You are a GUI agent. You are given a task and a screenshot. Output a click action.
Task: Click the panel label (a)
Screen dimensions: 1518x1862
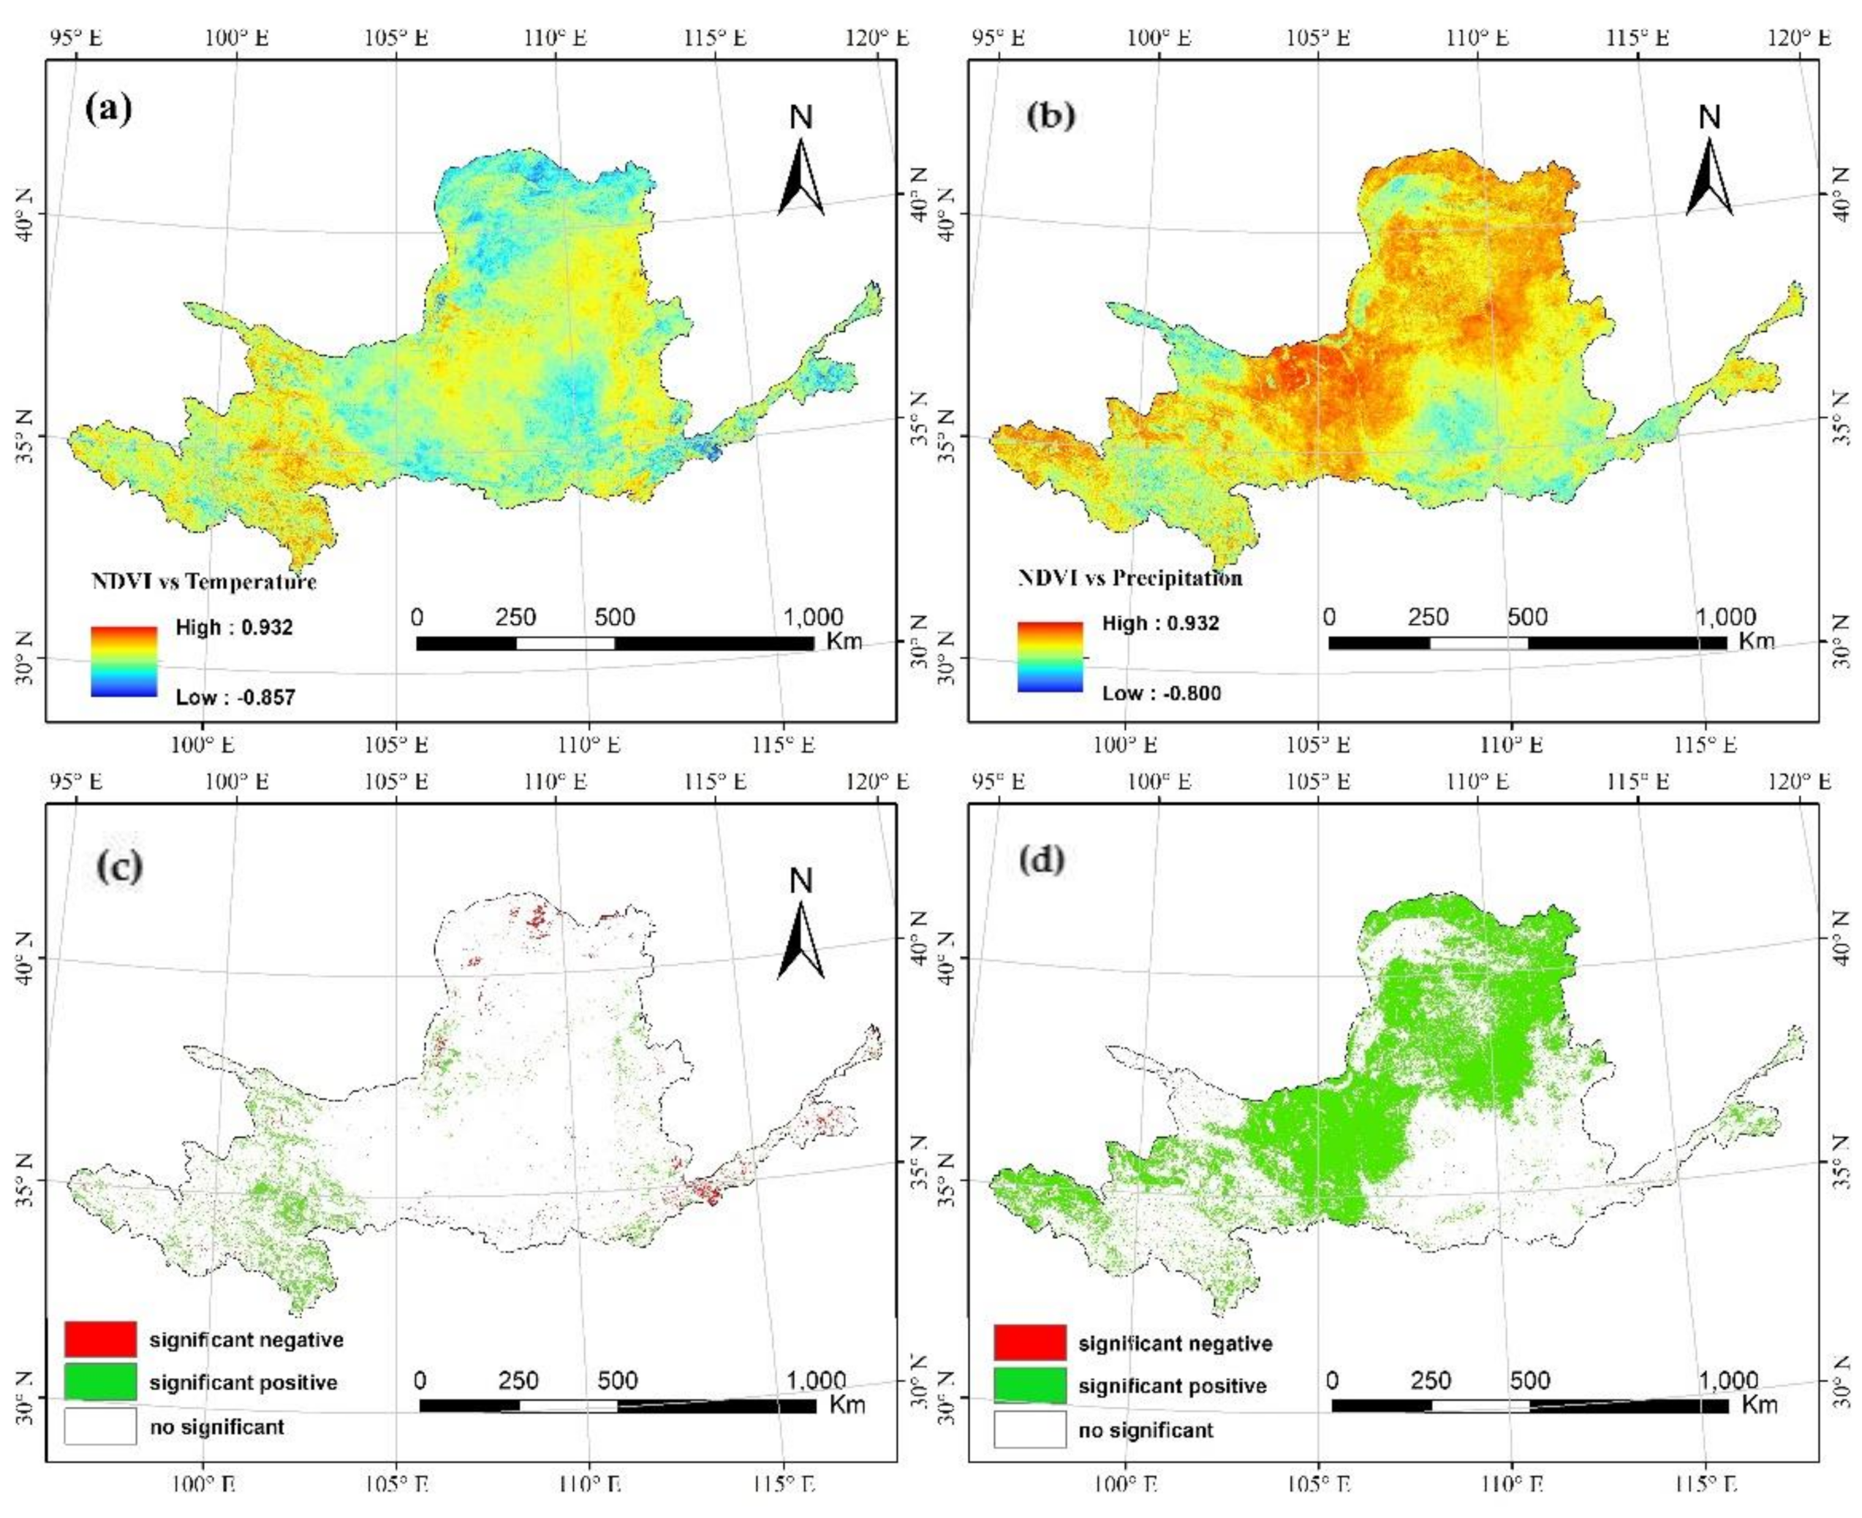108,111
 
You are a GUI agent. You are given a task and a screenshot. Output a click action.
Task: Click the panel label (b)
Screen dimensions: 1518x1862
1050,115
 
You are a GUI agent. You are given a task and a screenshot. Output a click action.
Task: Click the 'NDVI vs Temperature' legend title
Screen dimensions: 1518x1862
204,582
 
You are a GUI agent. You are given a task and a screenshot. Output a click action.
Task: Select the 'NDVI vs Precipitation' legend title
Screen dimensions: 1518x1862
1130,578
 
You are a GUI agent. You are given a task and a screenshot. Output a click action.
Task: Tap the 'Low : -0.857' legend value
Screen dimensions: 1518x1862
235,697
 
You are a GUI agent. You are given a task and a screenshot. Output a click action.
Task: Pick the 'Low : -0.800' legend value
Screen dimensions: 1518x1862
1162,694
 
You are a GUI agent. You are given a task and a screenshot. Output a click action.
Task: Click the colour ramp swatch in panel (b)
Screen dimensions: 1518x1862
1050,657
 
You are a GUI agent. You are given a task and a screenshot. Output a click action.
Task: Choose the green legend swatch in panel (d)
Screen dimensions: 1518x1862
1029,1386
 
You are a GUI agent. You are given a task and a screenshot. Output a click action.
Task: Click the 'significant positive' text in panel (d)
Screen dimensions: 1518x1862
1172,1386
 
